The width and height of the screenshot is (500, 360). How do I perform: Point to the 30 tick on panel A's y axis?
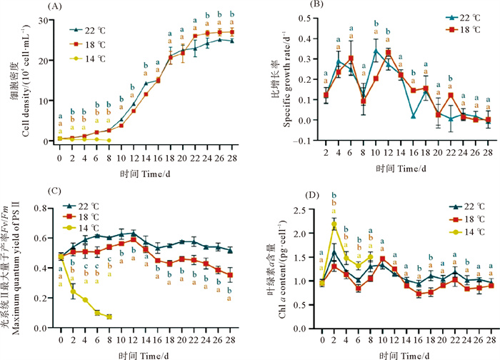click(50, 19)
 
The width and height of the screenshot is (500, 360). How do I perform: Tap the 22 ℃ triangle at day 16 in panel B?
click(414, 116)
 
